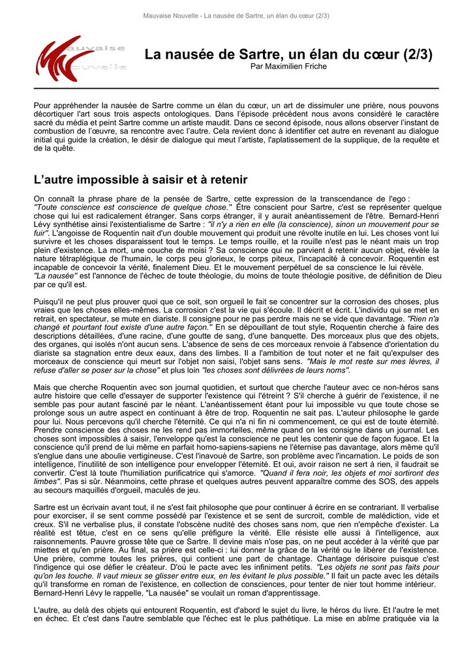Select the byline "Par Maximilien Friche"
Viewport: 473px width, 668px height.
(288, 67)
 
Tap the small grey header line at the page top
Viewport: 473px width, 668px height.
(236, 16)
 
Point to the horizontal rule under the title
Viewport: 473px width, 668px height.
(236, 88)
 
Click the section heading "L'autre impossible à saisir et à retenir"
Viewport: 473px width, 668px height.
(140, 179)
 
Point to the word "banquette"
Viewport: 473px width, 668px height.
(287, 335)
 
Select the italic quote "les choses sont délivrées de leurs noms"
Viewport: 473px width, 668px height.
(276, 370)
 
